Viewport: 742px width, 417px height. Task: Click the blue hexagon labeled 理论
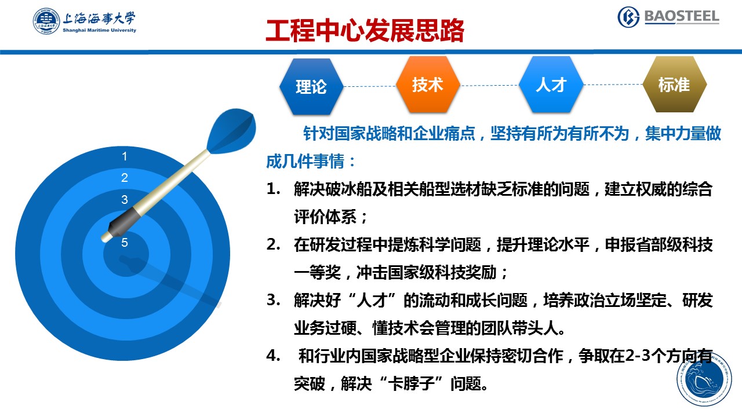coord(311,87)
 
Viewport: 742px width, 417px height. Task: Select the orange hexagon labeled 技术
coord(428,85)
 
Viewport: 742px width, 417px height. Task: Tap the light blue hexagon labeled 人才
coord(551,85)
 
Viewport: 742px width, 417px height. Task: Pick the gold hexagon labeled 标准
coord(674,85)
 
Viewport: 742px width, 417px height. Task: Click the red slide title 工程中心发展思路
coord(365,31)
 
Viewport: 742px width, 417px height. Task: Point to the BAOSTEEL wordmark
coord(681,17)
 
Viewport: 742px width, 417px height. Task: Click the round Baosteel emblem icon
coord(628,17)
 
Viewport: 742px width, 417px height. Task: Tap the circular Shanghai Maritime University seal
coord(46,21)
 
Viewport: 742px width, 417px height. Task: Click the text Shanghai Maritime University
coord(99,31)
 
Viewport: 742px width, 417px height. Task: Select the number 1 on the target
coord(125,156)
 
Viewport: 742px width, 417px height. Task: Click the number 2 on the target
coord(125,178)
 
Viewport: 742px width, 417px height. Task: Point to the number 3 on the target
coord(125,200)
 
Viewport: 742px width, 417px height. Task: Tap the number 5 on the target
coord(125,243)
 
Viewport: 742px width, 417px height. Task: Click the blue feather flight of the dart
coord(232,130)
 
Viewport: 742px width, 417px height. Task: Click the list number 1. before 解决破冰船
coord(273,189)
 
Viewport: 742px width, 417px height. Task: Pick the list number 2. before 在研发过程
coord(273,244)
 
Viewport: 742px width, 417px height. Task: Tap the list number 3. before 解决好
coord(273,300)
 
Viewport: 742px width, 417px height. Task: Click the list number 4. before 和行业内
coord(273,356)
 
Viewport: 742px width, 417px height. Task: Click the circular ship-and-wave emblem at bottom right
coord(704,379)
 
